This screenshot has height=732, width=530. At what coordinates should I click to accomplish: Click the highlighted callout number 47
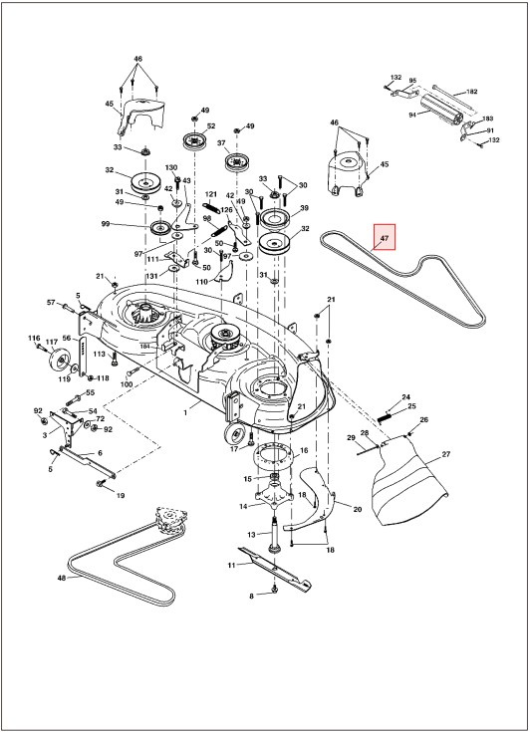(382, 238)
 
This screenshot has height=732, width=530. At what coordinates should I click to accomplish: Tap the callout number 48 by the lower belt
(62, 578)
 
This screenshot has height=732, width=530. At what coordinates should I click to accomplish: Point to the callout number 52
(211, 125)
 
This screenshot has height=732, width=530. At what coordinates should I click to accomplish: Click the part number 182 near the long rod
(472, 92)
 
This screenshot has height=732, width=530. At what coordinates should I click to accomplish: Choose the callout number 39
(304, 207)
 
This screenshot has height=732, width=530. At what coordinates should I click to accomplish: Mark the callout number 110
(201, 282)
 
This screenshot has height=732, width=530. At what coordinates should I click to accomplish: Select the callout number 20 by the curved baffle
(357, 507)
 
